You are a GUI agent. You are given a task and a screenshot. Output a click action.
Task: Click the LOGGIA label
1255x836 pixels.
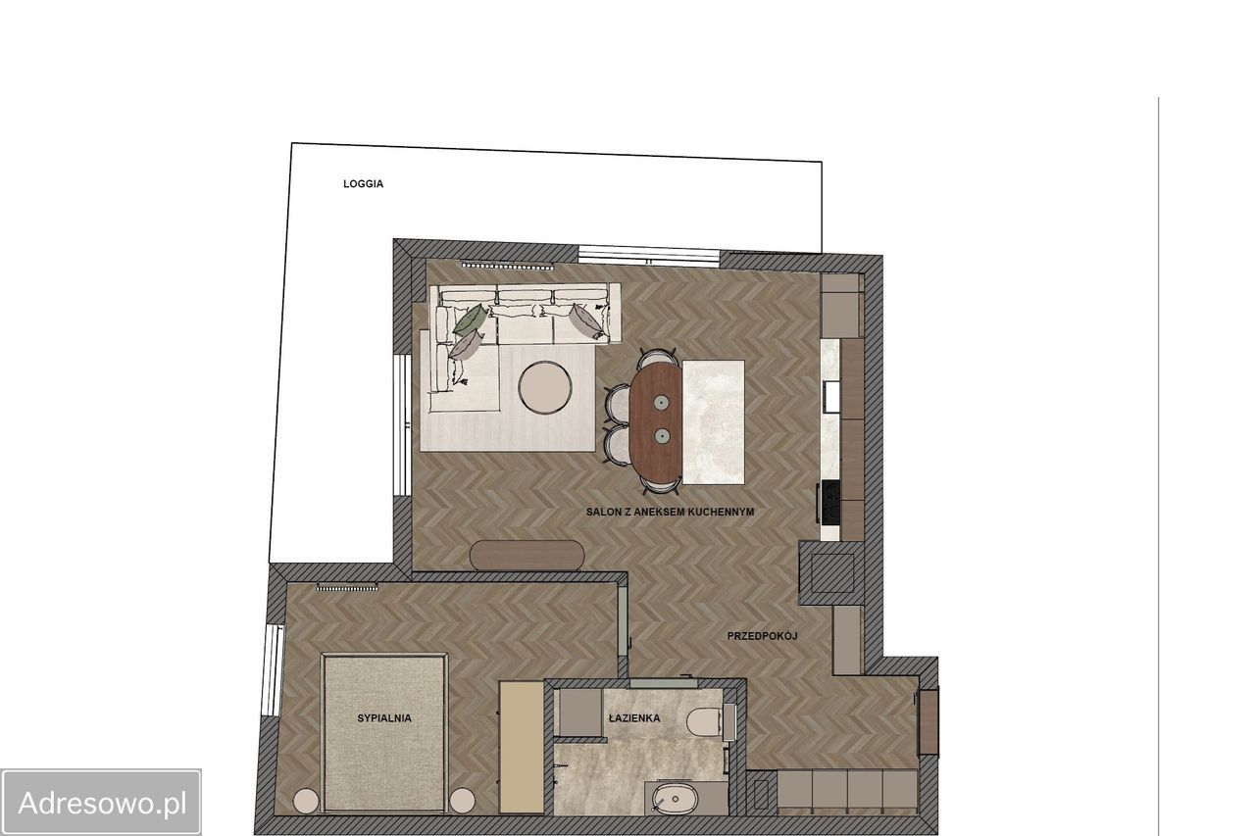(363, 183)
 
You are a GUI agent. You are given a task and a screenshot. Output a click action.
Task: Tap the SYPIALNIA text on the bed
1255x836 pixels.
(384, 717)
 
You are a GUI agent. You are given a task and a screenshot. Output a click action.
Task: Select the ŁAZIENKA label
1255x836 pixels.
(634, 717)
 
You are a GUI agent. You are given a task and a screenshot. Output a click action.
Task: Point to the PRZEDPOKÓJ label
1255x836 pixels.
(762, 636)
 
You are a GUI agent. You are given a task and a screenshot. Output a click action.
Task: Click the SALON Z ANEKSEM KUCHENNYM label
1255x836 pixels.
(670, 512)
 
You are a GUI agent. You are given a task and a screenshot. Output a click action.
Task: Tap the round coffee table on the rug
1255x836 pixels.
(544, 387)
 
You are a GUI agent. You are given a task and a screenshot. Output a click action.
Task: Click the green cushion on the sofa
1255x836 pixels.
(471, 320)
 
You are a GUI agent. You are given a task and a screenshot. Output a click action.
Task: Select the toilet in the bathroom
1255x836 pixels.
(704, 722)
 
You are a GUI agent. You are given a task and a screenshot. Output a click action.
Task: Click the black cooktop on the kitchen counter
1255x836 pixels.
(830, 502)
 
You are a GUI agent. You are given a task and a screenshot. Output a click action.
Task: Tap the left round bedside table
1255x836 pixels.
(306, 802)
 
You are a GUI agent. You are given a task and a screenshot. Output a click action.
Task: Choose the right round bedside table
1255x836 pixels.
(463, 802)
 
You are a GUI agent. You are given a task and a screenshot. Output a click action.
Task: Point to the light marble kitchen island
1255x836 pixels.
(713, 422)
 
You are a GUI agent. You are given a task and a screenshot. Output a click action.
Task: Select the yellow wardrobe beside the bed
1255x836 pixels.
(522, 748)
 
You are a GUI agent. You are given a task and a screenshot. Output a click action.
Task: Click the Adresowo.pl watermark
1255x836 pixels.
(101, 803)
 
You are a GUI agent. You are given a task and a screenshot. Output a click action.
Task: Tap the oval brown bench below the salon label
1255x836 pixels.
(527, 556)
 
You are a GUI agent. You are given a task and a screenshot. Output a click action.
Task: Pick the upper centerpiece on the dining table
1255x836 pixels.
(662, 402)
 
